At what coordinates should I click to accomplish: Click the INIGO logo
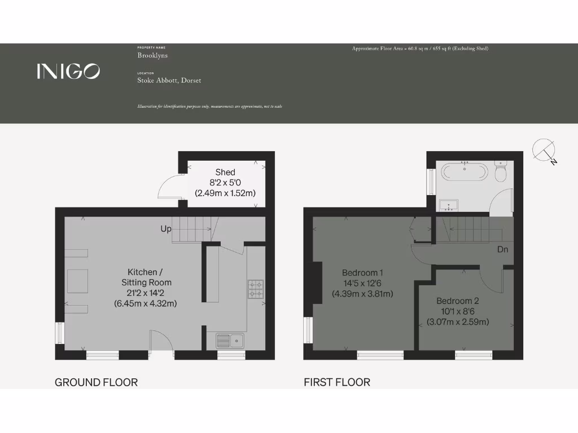[68, 71]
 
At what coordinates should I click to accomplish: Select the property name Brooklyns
[152, 56]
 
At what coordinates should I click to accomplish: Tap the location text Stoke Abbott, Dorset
[169, 81]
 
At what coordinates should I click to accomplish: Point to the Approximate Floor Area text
[420, 49]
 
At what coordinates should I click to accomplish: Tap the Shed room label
[225, 172]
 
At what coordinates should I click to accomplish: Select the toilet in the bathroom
[501, 171]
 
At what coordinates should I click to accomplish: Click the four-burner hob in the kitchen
[256, 289]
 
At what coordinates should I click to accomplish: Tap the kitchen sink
[230, 340]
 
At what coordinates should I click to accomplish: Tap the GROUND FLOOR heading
[96, 382]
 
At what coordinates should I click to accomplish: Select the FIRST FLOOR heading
[337, 382]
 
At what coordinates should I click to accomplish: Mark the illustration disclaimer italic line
[209, 107]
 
